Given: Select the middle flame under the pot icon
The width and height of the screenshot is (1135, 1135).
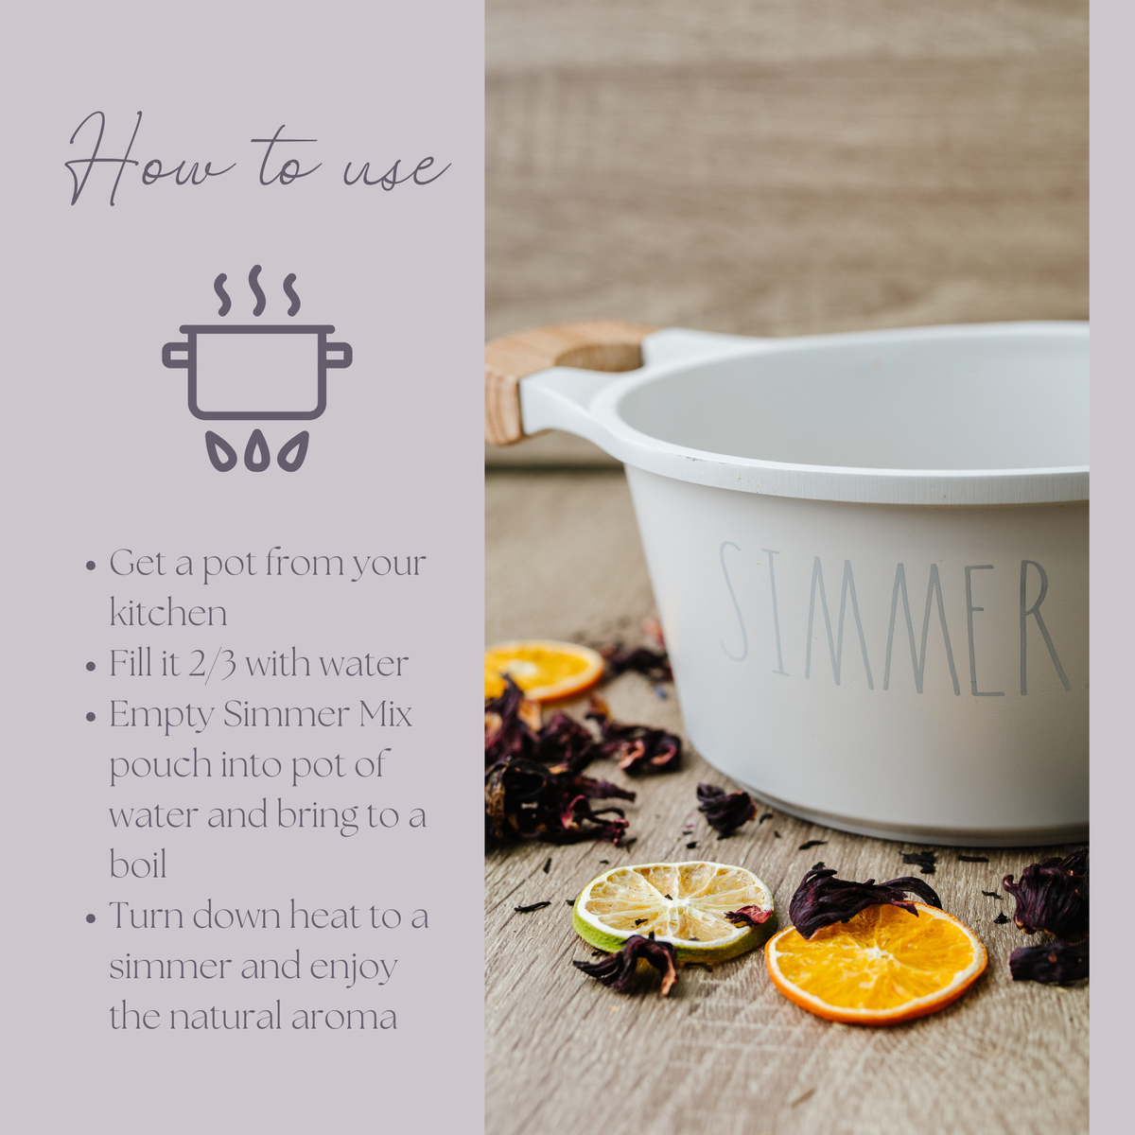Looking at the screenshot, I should (257, 451).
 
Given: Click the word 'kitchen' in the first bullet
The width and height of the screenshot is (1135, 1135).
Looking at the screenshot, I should (167, 613).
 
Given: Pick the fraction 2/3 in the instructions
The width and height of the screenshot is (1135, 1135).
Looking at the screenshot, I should (212, 664).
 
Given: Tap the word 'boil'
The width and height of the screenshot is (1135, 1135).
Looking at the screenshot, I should (137, 864).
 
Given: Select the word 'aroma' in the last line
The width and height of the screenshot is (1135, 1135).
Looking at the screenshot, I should (344, 1017).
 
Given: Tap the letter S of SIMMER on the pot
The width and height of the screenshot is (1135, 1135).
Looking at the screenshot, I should (734, 602).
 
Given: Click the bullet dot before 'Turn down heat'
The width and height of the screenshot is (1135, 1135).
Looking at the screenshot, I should (91, 917).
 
